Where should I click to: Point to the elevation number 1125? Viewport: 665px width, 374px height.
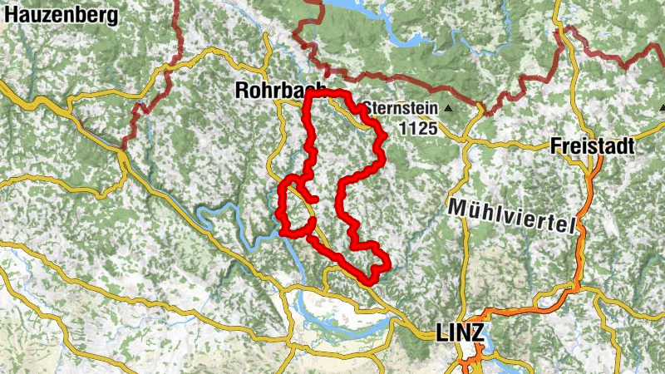coord(416,128)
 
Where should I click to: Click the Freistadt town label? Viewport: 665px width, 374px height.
coord(592,146)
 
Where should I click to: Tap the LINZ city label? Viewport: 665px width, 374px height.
coord(458,333)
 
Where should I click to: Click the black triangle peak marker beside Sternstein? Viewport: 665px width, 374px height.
coord(449,109)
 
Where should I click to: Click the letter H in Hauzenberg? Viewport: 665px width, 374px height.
coord(11,14)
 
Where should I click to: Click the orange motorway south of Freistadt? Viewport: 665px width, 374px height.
coord(579,249)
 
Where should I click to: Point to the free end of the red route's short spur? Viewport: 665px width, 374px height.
coord(317,198)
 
